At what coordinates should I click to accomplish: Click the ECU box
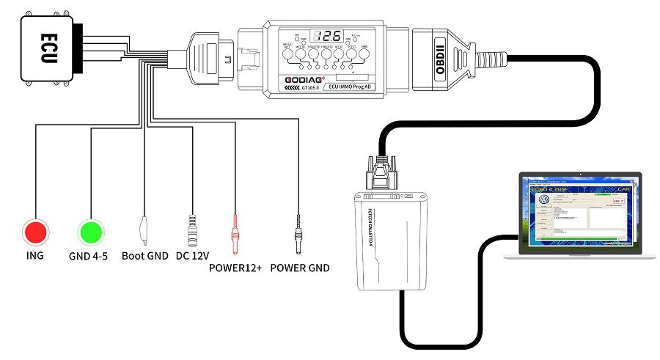(45, 48)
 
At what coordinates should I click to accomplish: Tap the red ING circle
(34, 232)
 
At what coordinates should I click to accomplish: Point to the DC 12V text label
(193, 257)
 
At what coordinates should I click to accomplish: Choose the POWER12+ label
(235, 268)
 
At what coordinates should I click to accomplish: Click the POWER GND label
(299, 268)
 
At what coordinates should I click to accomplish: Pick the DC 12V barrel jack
(194, 229)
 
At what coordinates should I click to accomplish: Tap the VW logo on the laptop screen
(544, 199)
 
